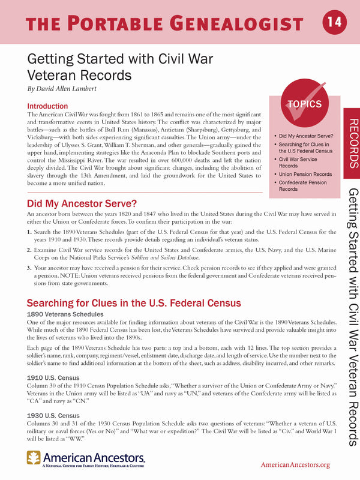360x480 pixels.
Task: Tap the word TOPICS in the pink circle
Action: coord(305,104)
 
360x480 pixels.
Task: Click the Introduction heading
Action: coord(52,106)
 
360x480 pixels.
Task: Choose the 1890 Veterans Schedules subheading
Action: coord(66,314)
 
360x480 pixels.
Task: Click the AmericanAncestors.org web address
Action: coord(295,465)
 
